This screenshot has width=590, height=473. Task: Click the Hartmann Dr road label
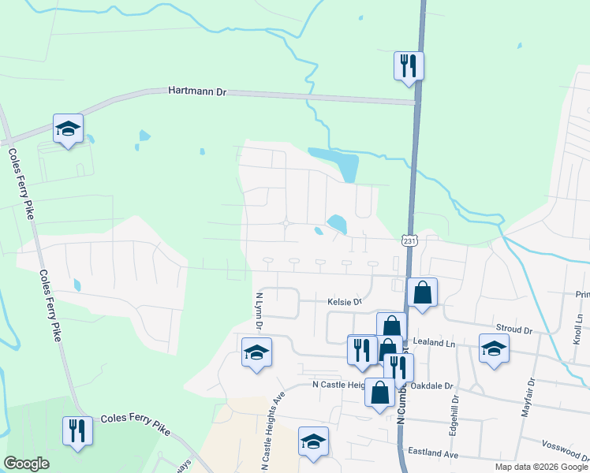(x=197, y=91)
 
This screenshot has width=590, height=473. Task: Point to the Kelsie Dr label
(x=344, y=301)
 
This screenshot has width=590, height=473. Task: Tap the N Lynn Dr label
(x=259, y=311)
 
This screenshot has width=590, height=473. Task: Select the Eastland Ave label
(x=433, y=455)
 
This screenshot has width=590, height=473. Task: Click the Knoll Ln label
(x=578, y=328)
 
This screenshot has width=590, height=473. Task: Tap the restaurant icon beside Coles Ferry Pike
(x=77, y=430)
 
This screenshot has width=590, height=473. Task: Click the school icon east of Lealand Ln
(x=494, y=348)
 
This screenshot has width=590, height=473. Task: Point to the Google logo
(x=27, y=464)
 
